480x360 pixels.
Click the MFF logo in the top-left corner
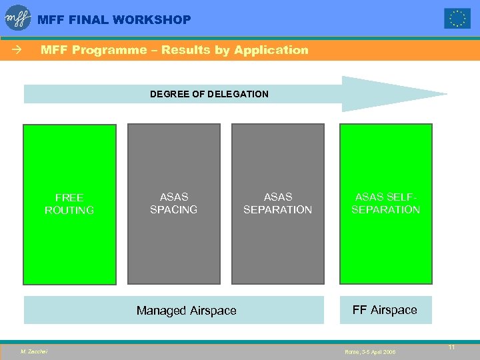click(18, 18)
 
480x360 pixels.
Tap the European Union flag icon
click(457, 19)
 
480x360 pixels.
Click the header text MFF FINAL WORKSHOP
click(114, 20)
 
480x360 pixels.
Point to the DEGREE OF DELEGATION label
click(209, 94)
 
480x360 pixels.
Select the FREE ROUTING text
click(69, 204)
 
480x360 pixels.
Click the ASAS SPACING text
click(173, 203)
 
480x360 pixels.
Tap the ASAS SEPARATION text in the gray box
click(277, 203)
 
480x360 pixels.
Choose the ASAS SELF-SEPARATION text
click(386, 203)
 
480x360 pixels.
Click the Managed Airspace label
click(186, 311)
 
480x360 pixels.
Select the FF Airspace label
click(385, 310)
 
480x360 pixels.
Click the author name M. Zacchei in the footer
click(33, 351)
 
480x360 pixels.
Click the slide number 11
click(451, 347)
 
